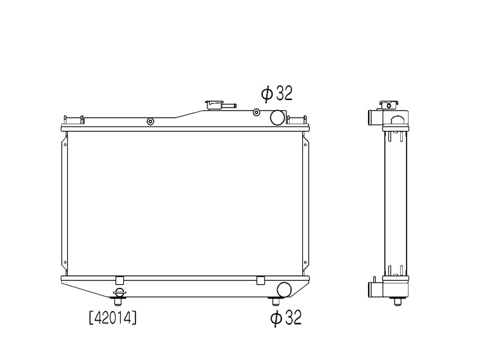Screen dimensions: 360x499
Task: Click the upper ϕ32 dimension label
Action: coord(277,94)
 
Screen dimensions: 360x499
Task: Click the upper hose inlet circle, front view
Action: coord(277,117)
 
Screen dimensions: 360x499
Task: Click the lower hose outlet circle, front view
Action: coord(284,290)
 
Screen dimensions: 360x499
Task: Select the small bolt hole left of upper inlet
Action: coord(256,113)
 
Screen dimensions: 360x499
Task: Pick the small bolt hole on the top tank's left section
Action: coord(150,121)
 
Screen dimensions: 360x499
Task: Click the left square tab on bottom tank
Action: coord(119,280)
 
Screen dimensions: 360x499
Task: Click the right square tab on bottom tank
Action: coord(260,280)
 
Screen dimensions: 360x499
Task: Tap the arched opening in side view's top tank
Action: coord(397,118)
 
